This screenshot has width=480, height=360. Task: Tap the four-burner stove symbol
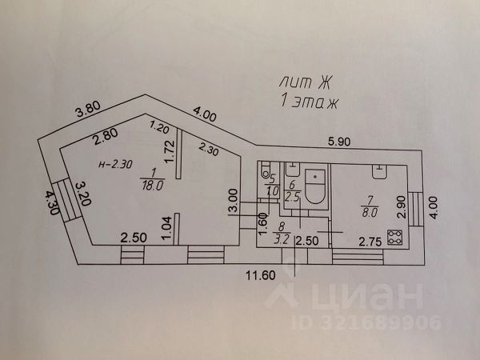click(x=394, y=237)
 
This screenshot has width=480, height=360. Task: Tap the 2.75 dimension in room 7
click(x=368, y=241)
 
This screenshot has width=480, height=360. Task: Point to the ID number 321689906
click(x=385, y=322)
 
